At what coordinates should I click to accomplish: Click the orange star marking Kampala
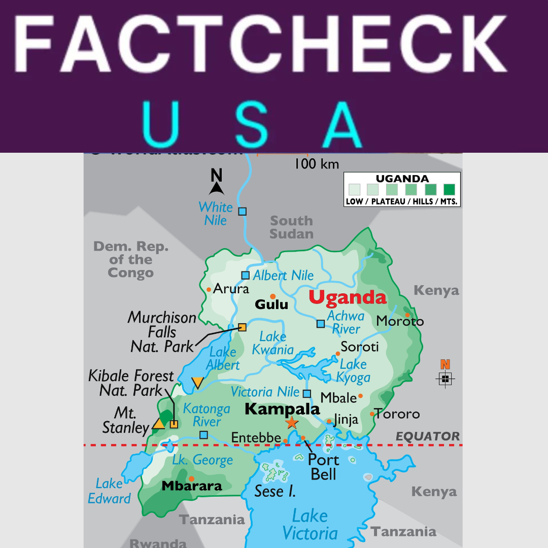tap(291, 422)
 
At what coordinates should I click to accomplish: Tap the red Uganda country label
tap(348, 297)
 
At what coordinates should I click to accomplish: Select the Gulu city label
tap(271, 304)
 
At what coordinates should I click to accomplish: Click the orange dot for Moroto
tap(407, 315)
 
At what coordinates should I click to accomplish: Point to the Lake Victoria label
tap(310, 525)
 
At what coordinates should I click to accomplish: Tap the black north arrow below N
tap(217, 189)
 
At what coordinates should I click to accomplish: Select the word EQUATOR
tap(428, 436)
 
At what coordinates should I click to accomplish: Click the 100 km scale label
tap(317, 164)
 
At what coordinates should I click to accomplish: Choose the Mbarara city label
tap(192, 486)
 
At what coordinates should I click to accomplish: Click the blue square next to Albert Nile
tap(246, 275)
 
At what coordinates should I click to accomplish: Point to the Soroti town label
tap(360, 347)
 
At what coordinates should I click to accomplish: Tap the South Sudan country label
tap(291, 227)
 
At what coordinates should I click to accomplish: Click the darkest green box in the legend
tap(449, 190)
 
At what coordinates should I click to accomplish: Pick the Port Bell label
tap(324, 467)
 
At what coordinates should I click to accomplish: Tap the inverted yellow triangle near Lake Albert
tap(197, 383)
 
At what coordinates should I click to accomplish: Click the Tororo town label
tap(397, 414)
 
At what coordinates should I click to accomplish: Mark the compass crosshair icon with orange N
tap(445, 379)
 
